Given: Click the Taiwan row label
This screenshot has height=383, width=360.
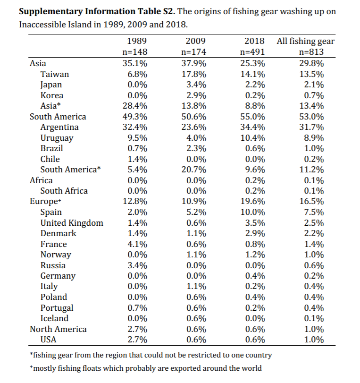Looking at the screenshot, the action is click(x=55, y=74).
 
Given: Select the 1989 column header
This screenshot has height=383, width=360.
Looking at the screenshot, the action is click(x=137, y=41).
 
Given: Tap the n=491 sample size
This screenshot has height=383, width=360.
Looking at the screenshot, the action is click(x=252, y=52).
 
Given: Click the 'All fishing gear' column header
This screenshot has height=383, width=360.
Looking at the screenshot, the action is click(x=306, y=41).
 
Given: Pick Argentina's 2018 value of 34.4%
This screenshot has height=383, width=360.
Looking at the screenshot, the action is click(x=252, y=127).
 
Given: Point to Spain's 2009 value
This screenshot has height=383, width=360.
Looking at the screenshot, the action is click(x=196, y=212).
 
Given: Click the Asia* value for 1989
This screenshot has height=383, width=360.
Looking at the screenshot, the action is click(x=135, y=106).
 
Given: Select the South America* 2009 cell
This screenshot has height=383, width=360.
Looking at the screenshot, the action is click(x=194, y=170).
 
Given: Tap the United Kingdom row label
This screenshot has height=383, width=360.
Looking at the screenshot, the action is click(x=72, y=223).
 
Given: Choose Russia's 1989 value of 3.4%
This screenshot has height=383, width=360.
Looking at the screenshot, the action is click(x=137, y=265).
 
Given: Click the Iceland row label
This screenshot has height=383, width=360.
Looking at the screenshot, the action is click(x=54, y=318).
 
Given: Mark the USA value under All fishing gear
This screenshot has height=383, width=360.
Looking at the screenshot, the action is click(x=314, y=340).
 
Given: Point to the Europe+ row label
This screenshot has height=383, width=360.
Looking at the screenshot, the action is click(x=45, y=201).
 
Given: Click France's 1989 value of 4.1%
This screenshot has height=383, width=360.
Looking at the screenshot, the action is click(x=137, y=244).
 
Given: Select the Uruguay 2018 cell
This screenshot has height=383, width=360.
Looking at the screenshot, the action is click(x=252, y=138).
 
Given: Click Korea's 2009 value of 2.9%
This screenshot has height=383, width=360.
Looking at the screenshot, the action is click(x=196, y=95).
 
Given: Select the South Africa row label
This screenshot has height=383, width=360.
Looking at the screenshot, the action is click(x=64, y=191).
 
